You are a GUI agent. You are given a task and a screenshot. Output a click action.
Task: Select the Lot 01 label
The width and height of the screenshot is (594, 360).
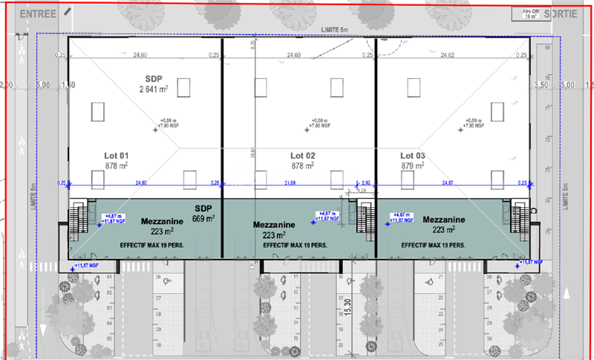(117, 156)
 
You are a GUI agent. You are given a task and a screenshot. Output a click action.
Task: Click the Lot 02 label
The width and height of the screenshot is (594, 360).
(303, 156)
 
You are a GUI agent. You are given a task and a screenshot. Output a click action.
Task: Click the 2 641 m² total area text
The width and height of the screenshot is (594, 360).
(154, 90)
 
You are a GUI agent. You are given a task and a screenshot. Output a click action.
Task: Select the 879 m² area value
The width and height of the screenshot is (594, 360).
(414, 166)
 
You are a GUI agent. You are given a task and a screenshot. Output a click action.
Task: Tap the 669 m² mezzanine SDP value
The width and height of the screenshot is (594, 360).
(203, 219)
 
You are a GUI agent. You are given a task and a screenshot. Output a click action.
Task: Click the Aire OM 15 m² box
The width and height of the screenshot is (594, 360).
(530, 14)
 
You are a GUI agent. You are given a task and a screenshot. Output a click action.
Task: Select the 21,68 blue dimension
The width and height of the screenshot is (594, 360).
(294, 183)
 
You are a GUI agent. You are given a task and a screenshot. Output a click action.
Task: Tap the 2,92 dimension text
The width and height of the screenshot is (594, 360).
(365, 183)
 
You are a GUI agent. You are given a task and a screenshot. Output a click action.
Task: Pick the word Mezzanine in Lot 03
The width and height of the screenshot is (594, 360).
(444, 220)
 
